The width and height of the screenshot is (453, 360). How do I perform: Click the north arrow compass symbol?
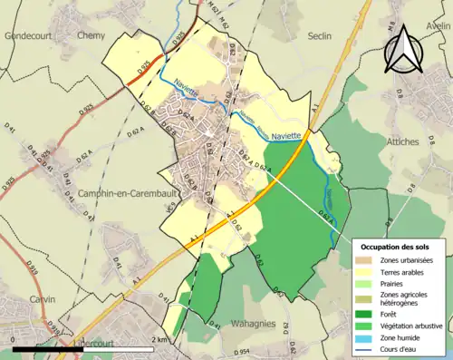point(403,49)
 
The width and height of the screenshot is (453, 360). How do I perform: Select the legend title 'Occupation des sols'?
point(398,247)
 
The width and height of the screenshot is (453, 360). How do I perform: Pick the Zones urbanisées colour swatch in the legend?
point(371,261)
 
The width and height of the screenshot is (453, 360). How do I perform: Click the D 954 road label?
point(240,351)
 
